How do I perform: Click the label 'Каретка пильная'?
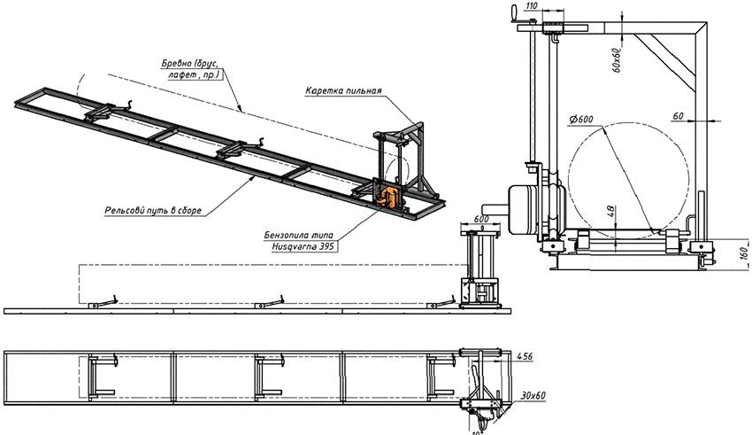[x=343, y=91]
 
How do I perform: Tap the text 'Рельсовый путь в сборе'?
[x=152, y=210]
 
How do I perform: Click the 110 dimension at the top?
[x=532, y=6]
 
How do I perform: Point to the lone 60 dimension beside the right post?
[x=677, y=116]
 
